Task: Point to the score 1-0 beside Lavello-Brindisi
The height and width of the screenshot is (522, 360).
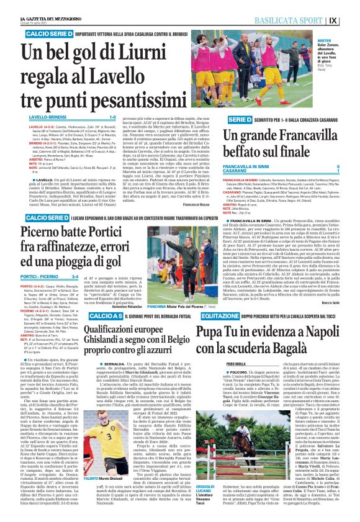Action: coord(112,116)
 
